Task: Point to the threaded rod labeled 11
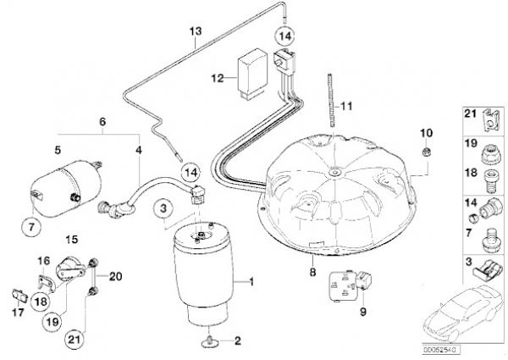330,101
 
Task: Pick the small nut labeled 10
427,151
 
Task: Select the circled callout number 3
163,208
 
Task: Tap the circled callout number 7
31,226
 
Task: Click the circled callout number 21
75,340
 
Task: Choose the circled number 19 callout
52,322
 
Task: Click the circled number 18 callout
41,302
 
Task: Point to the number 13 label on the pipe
196,31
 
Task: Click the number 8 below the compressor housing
312,272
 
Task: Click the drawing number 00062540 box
441,350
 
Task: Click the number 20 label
115,276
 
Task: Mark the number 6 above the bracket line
102,122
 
